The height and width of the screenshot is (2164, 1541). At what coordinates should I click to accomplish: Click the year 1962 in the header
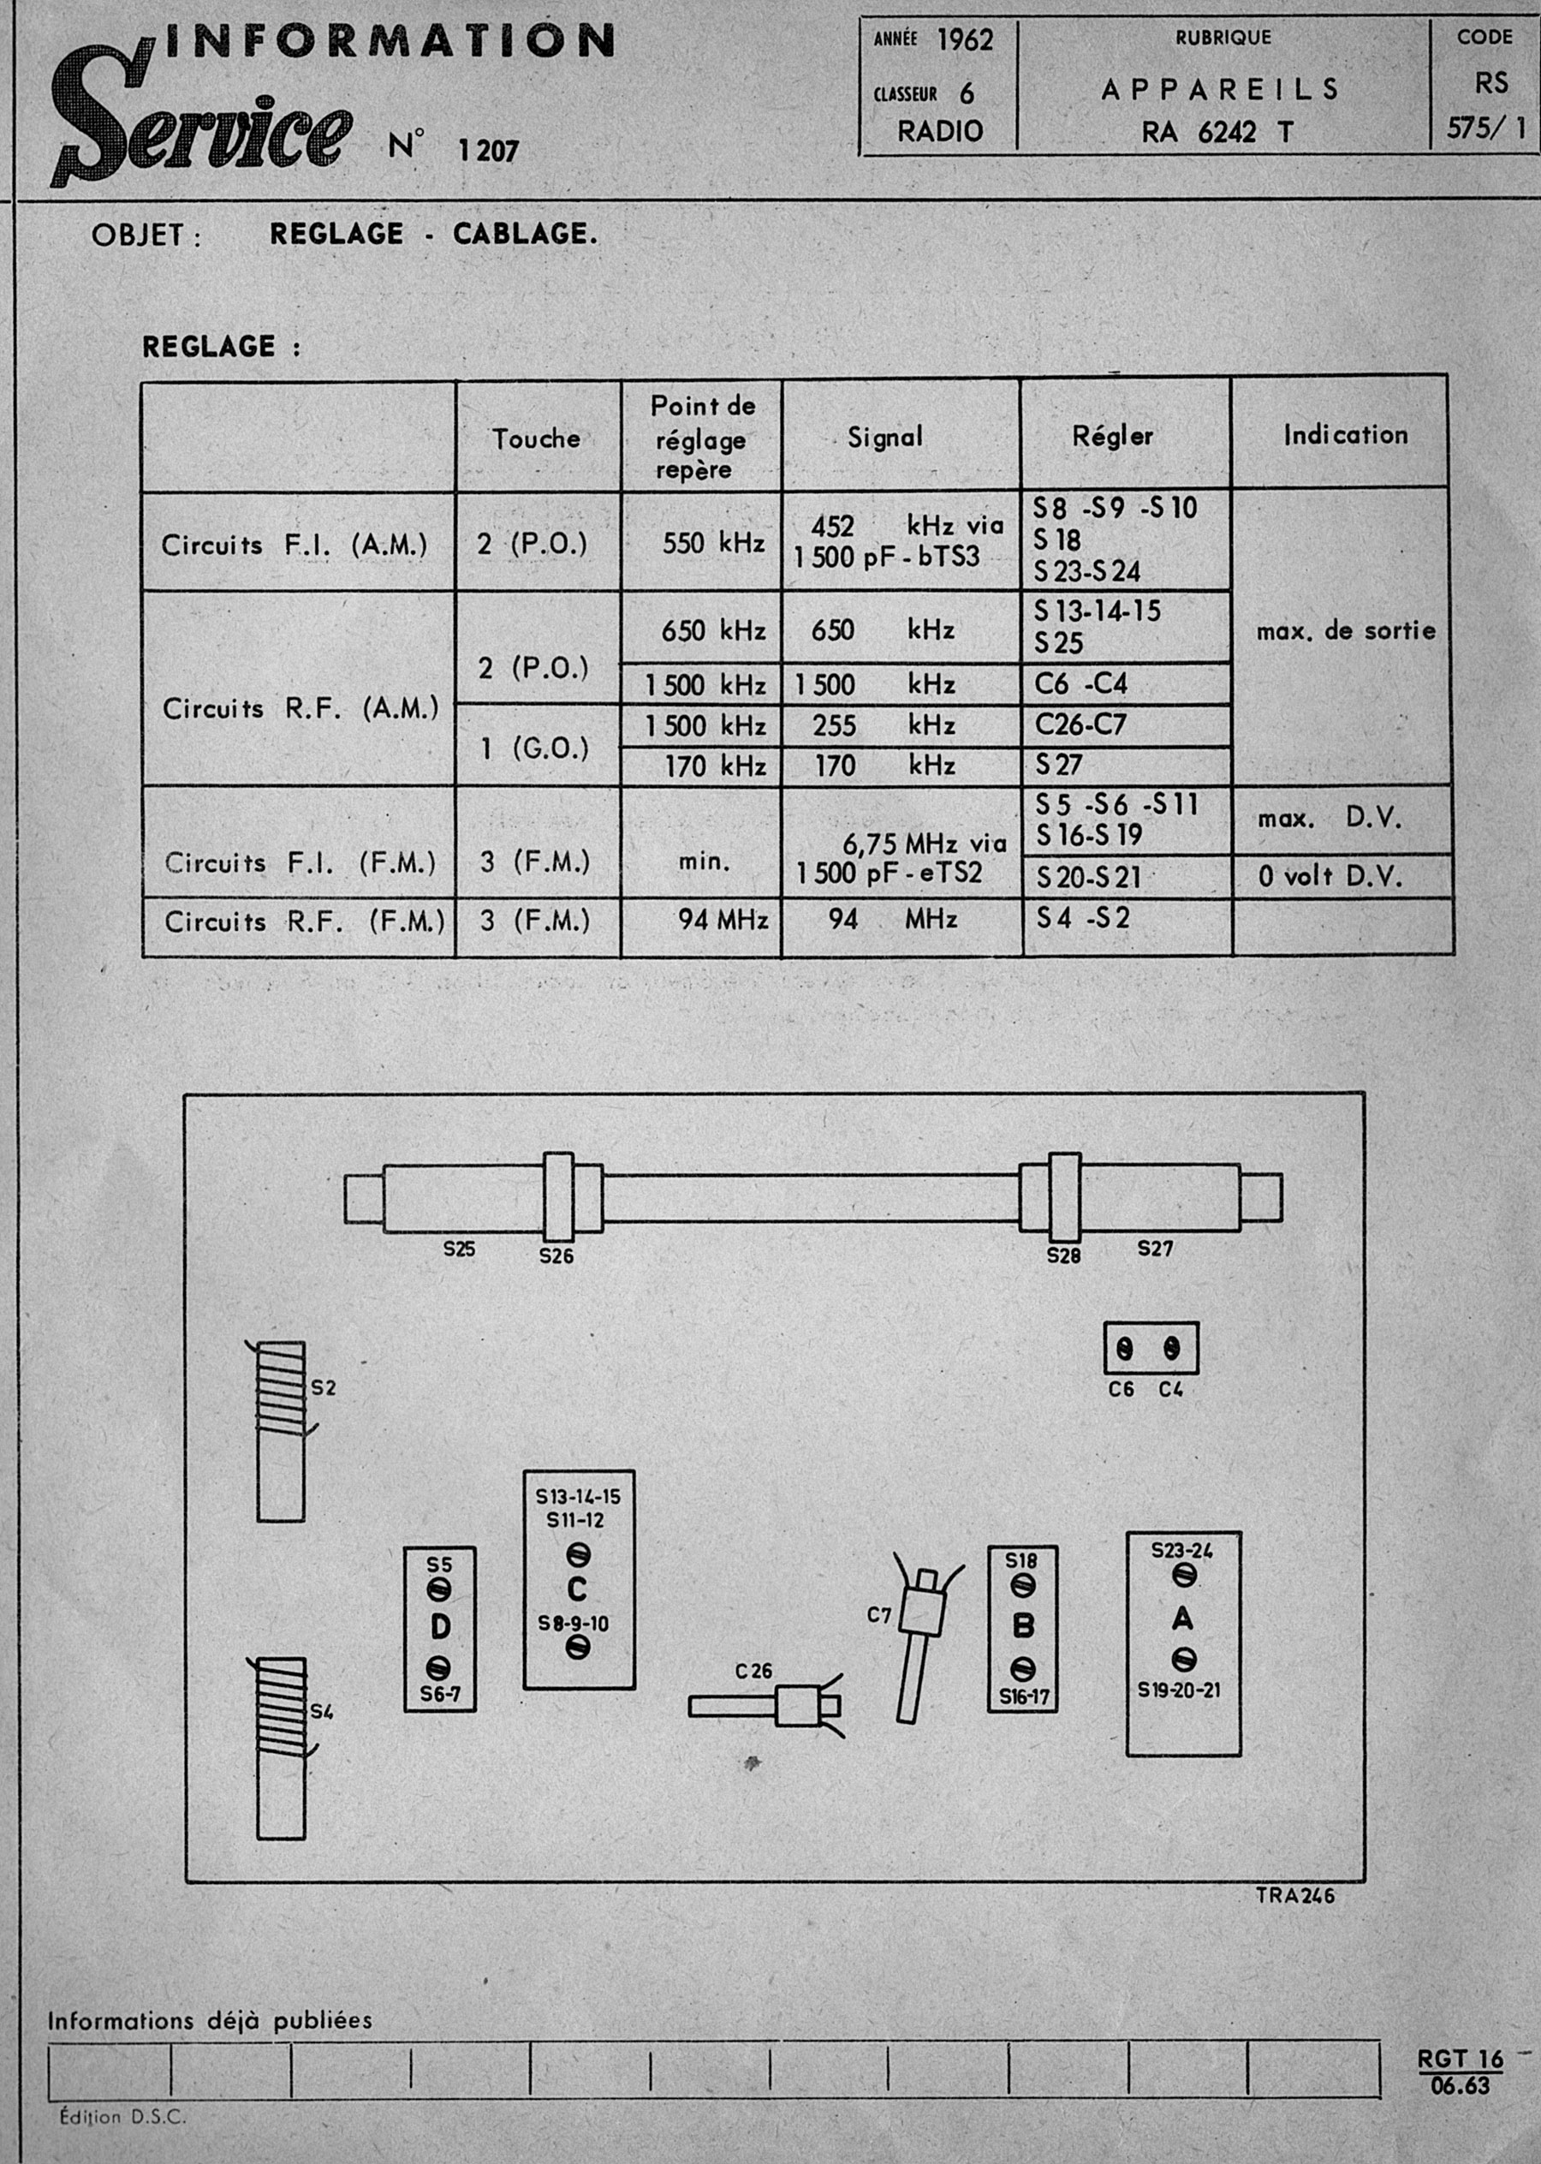(965, 40)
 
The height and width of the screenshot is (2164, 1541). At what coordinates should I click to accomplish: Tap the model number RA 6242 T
(1217, 132)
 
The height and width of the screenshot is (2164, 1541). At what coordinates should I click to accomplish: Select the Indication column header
(1345, 435)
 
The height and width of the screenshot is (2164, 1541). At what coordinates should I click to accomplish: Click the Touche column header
(536, 438)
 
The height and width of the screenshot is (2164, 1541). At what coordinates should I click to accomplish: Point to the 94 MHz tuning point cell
(722, 920)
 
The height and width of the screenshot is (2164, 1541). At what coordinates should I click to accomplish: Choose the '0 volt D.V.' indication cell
(1330, 876)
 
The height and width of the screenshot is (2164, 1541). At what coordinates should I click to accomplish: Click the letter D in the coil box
(440, 1627)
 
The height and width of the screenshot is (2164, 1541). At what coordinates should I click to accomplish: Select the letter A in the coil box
(1182, 1618)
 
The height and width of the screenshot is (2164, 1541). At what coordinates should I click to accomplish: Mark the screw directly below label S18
(1023, 1585)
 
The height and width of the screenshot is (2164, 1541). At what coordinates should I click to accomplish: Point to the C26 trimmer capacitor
(764, 1706)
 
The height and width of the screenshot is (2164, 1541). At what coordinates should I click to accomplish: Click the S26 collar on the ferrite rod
(558, 1197)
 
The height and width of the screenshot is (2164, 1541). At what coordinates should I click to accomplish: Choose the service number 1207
(489, 150)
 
